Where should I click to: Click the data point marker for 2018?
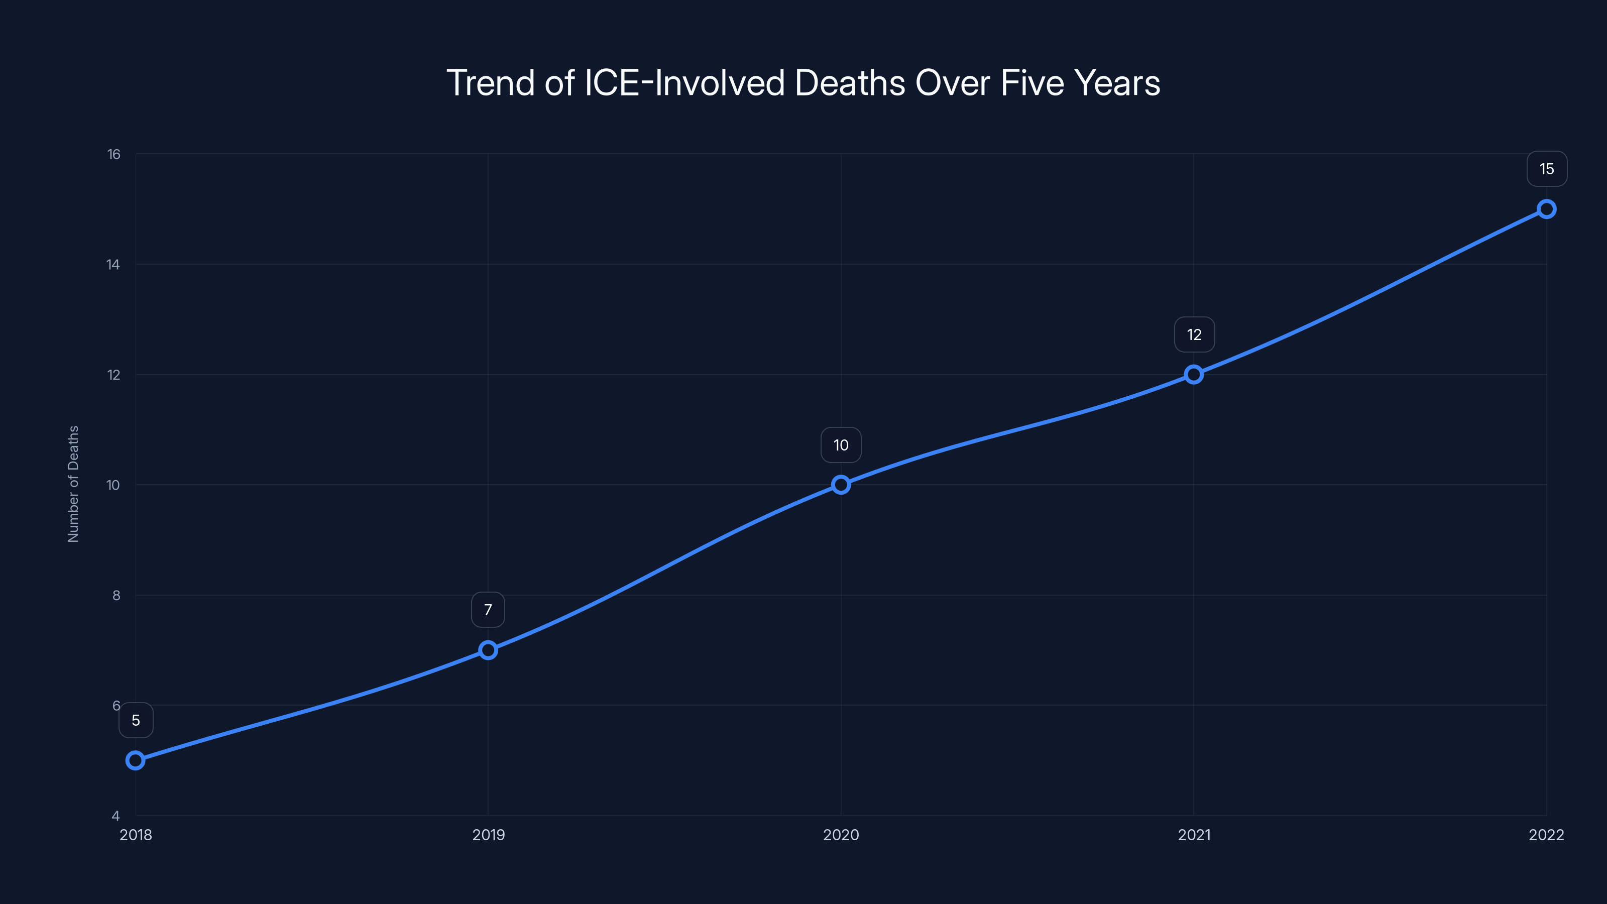[x=136, y=760]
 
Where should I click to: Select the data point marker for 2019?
[x=488, y=650]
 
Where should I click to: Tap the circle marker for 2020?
[x=841, y=485]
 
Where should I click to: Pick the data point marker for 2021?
[x=1193, y=374]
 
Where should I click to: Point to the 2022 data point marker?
[x=1546, y=209]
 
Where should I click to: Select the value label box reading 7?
[x=488, y=610]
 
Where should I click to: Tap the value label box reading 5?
[x=136, y=721]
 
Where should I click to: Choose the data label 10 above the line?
[x=841, y=445]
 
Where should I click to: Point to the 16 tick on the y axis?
[x=113, y=154]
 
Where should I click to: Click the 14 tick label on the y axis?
[x=113, y=265]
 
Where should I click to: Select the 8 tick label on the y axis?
[x=116, y=595]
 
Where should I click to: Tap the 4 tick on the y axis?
[x=116, y=816]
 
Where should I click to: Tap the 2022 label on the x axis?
[x=1546, y=835]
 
